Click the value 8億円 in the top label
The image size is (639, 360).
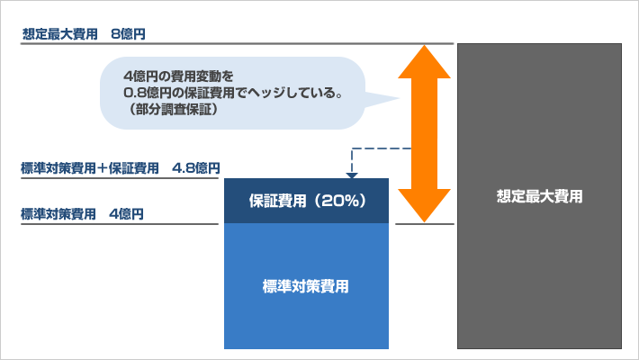pyautogui.click(x=128, y=34)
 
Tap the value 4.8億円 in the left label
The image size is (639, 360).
pyautogui.click(x=196, y=168)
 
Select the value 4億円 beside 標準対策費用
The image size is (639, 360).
pyautogui.click(x=126, y=214)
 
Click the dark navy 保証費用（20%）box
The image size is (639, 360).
pyautogui.click(x=307, y=201)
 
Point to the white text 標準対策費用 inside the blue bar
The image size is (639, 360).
pyautogui.click(x=306, y=286)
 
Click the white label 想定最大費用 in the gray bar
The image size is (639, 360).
pyautogui.click(x=540, y=196)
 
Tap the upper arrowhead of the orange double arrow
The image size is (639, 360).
pyautogui.click(x=424, y=61)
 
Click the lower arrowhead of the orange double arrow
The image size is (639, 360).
pyautogui.click(x=424, y=205)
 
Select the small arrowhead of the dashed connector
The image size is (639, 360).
pyautogui.click(x=352, y=175)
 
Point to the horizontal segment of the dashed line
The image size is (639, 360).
pyautogui.click(x=382, y=148)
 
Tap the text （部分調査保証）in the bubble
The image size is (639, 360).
pyautogui.click(x=174, y=109)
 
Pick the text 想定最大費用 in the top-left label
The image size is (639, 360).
pyautogui.click(x=60, y=34)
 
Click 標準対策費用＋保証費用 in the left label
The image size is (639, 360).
pyautogui.click(x=90, y=168)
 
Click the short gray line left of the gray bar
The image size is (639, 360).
pyautogui.click(x=425, y=224)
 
